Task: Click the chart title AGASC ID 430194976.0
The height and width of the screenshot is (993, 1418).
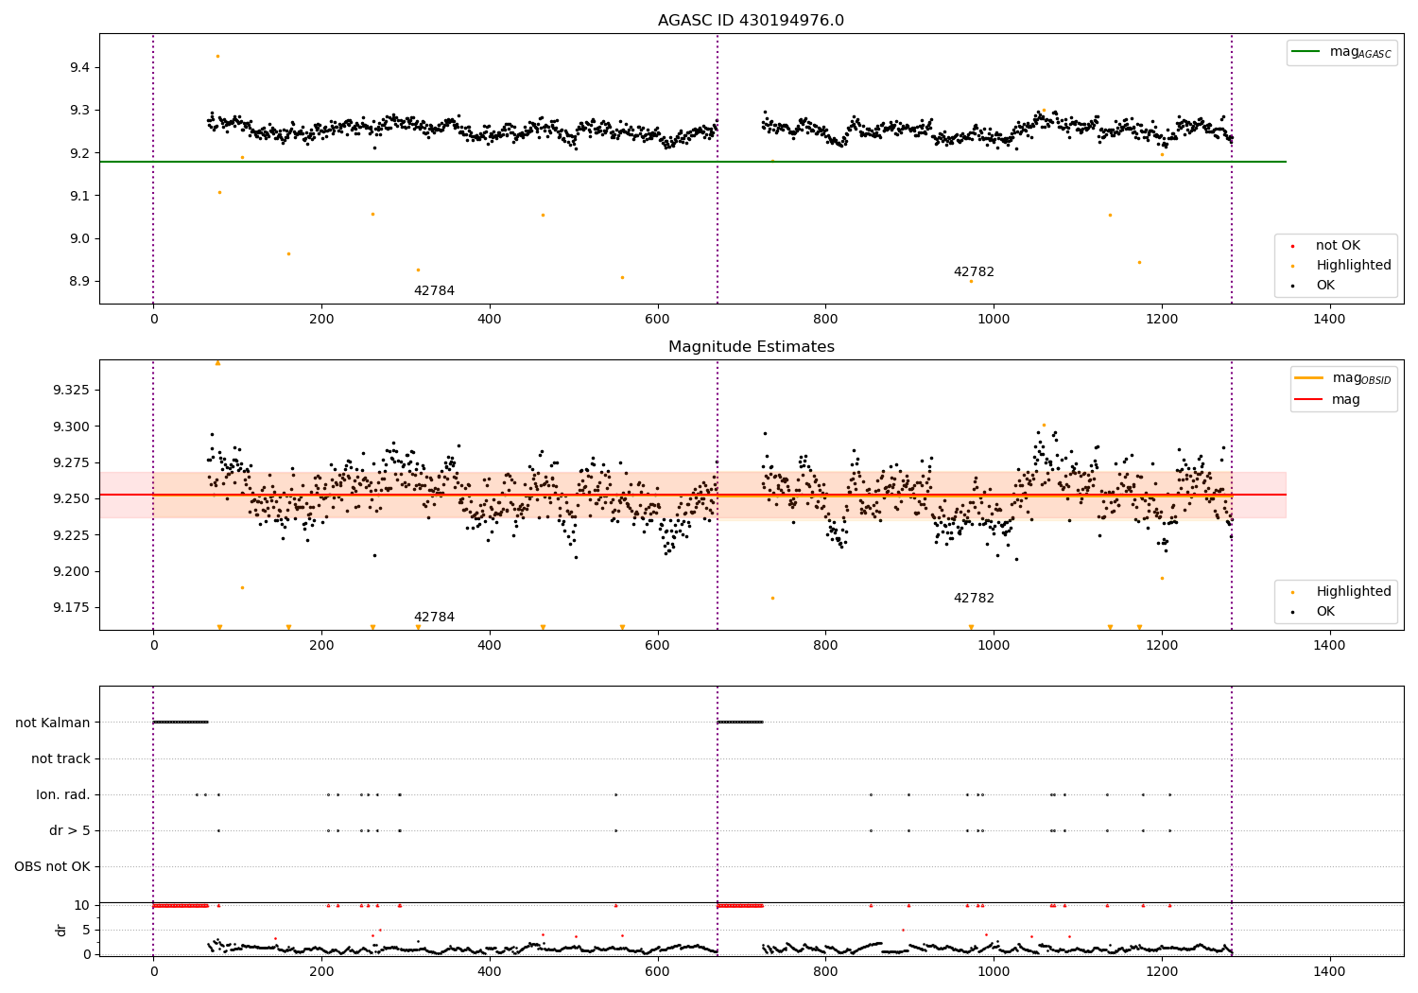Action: [x=751, y=21]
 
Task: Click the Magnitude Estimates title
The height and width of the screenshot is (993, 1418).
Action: [x=751, y=347]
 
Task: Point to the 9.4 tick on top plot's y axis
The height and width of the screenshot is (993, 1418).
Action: [x=78, y=67]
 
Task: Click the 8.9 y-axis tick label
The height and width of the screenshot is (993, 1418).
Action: [x=78, y=281]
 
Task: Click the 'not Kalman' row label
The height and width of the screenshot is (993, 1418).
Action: [x=53, y=723]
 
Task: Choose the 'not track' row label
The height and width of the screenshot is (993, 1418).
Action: [x=61, y=758]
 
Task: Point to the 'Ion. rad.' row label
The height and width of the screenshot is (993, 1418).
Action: [x=63, y=794]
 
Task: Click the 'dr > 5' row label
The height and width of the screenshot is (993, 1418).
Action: [x=70, y=830]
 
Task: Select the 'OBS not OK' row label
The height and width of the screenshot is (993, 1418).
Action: [x=52, y=866]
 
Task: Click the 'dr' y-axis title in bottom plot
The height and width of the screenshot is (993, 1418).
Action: [x=61, y=930]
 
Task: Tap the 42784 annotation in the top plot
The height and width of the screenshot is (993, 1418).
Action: [x=434, y=291]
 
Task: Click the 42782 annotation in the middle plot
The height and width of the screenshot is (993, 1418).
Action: [x=974, y=599]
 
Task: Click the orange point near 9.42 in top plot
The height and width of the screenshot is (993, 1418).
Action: [x=217, y=56]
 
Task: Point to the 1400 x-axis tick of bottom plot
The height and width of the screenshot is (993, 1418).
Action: [x=1329, y=972]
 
